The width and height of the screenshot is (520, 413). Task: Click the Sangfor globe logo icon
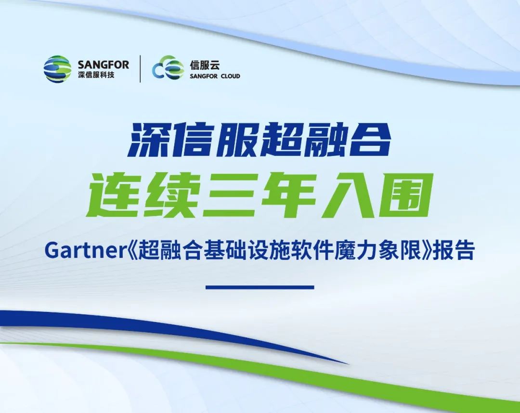[57, 69]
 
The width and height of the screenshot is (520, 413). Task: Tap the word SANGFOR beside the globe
[104, 65]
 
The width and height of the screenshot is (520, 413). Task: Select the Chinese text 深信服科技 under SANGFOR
[96, 75]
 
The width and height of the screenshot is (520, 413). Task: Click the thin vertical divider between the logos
[140, 69]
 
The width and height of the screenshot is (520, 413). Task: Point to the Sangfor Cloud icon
[168, 67]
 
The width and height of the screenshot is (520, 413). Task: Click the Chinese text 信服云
[205, 65]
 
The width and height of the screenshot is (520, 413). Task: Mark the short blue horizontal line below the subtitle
[260, 287]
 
